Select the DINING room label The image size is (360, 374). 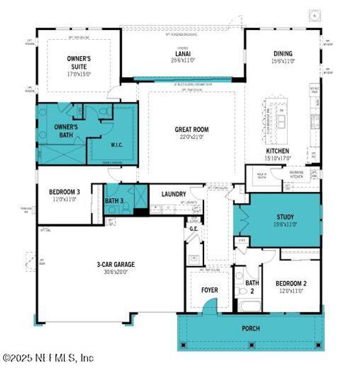[x=283, y=54]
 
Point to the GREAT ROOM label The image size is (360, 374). [x=191, y=130]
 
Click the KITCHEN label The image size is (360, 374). [x=278, y=151]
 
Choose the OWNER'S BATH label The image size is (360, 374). [x=57, y=130]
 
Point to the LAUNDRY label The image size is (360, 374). [x=173, y=194]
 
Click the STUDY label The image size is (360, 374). [x=285, y=218]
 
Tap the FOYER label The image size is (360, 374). [x=209, y=290]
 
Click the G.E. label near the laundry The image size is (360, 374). [x=193, y=229]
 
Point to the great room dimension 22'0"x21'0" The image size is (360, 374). [x=191, y=137]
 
